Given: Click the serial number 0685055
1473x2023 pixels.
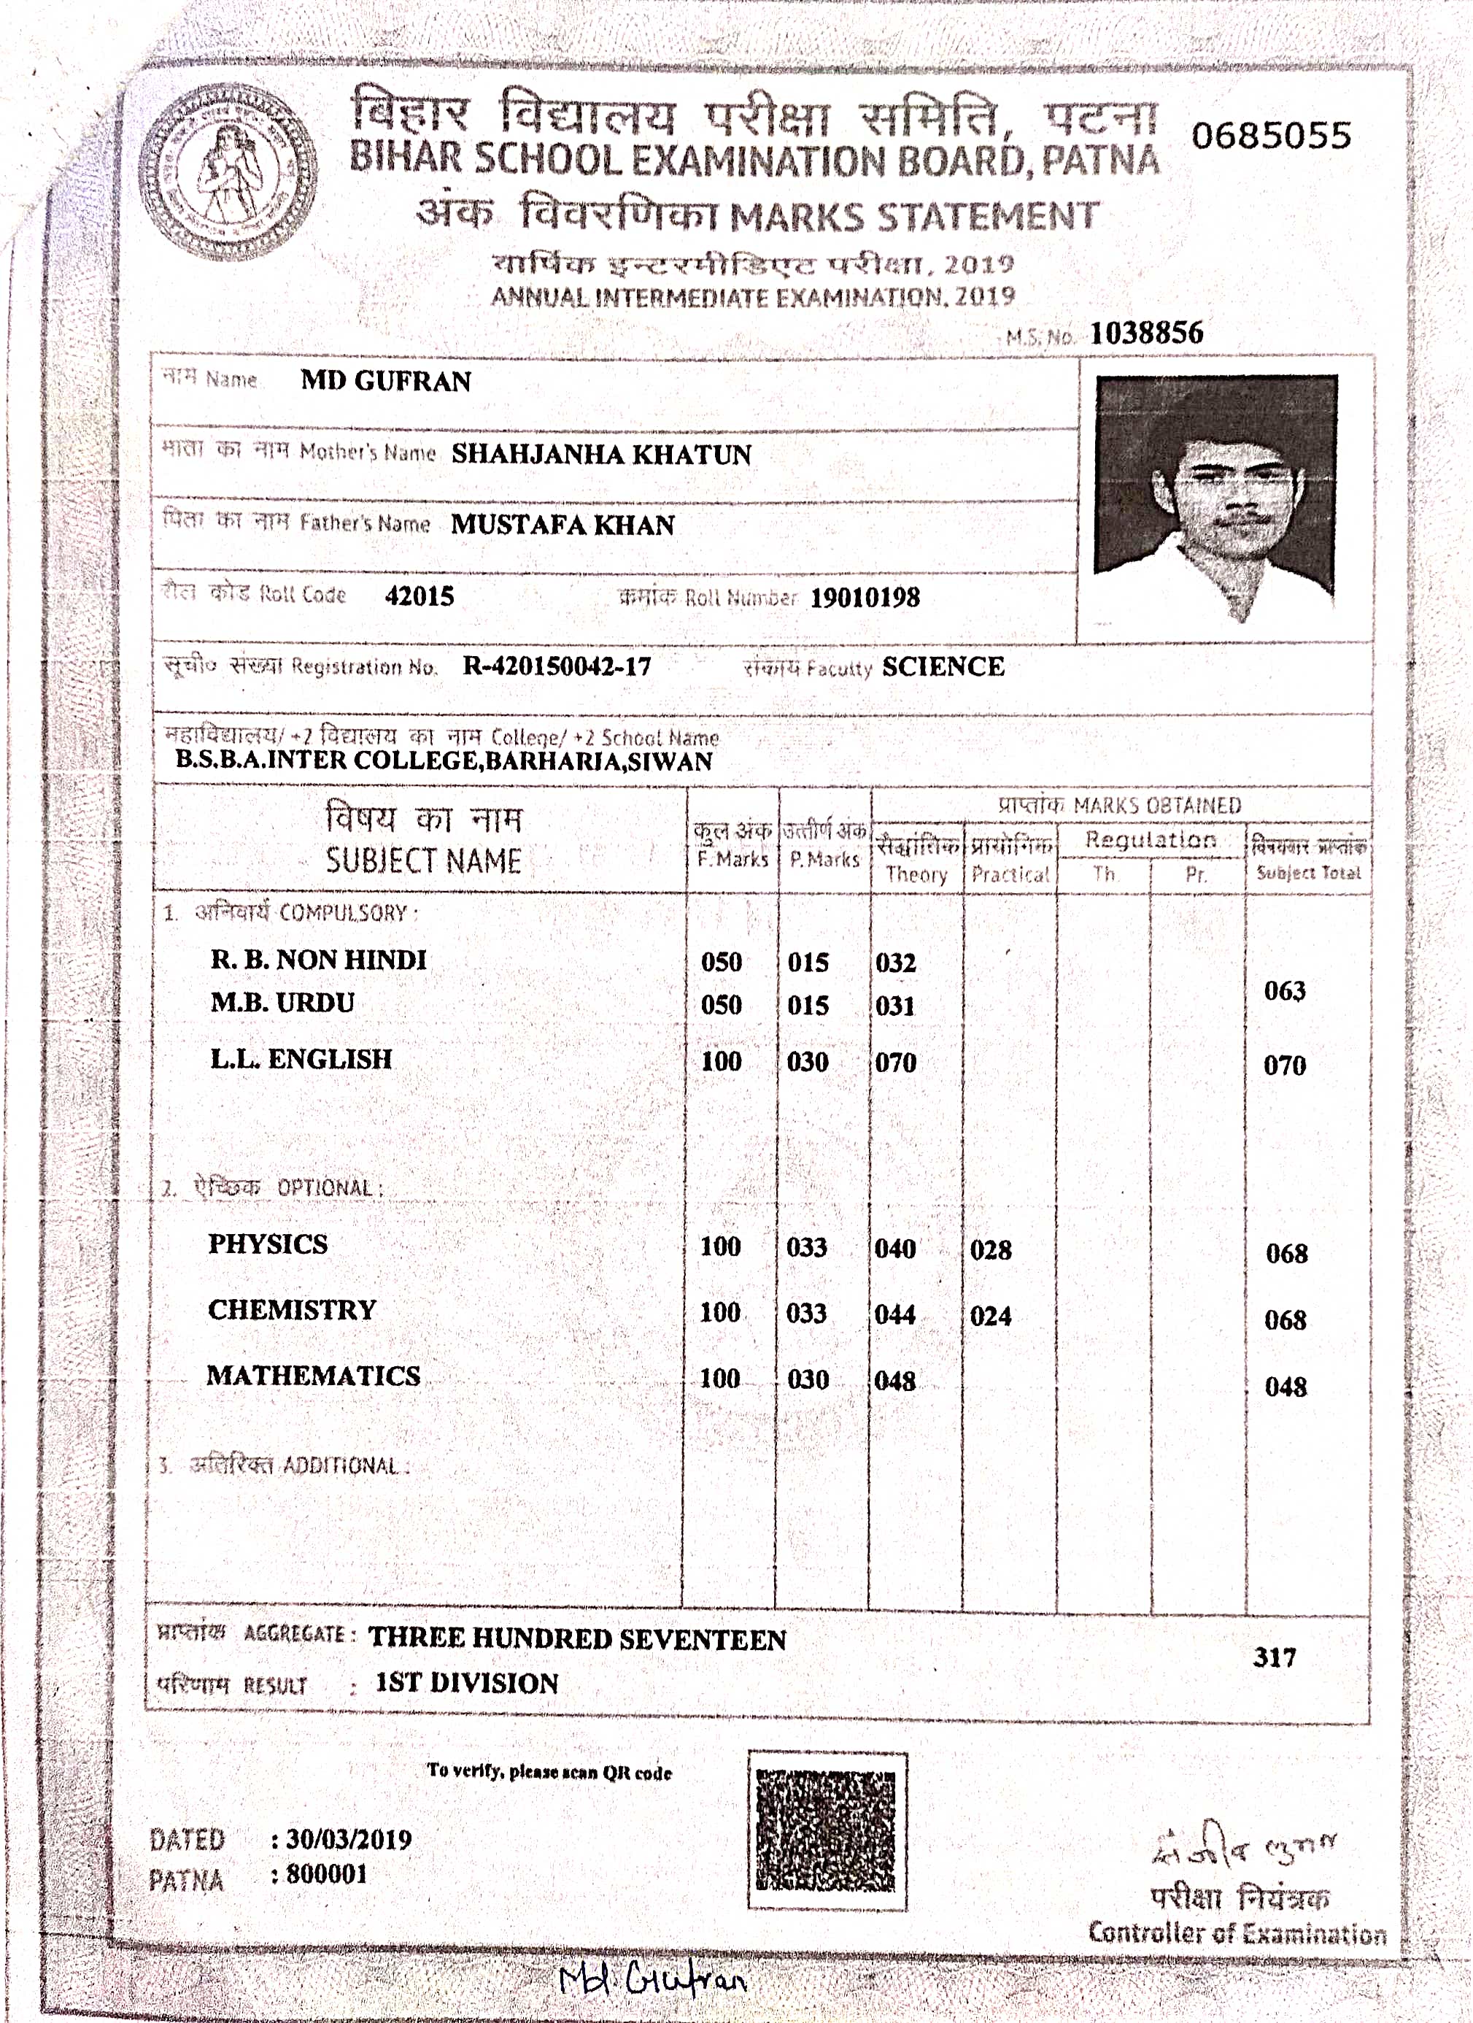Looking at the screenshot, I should click(x=1271, y=136).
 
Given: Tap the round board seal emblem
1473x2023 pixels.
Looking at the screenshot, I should click(x=228, y=172).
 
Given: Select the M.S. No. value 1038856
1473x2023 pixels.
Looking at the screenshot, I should click(x=1145, y=334).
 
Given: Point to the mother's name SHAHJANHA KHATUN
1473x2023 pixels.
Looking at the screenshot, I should click(x=601, y=454).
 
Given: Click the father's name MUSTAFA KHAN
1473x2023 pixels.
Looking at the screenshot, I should click(x=562, y=525).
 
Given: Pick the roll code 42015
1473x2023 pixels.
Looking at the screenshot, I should click(x=419, y=596).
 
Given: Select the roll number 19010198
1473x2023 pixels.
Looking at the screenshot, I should click(x=864, y=598).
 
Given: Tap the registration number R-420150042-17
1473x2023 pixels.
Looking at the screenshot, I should click(x=557, y=666).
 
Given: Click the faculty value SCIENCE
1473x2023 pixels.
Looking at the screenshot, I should click(x=943, y=667).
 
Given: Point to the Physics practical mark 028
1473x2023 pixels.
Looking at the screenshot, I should click(x=991, y=1249).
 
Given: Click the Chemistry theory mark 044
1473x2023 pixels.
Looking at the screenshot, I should click(x=894, y=1315).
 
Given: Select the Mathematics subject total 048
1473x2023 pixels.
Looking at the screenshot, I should click(x=1285, y=1386).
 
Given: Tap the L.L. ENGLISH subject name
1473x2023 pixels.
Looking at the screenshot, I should click(x=301, y=1059).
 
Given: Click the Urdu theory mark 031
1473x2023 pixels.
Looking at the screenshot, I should click(x=894, y=1006).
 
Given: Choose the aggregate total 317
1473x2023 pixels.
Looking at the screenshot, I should click(x=1274, y=1657).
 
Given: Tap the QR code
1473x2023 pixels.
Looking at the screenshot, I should click(x=826, y=1831).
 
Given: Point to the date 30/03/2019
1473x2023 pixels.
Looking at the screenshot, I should click(x=349, y=1839).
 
